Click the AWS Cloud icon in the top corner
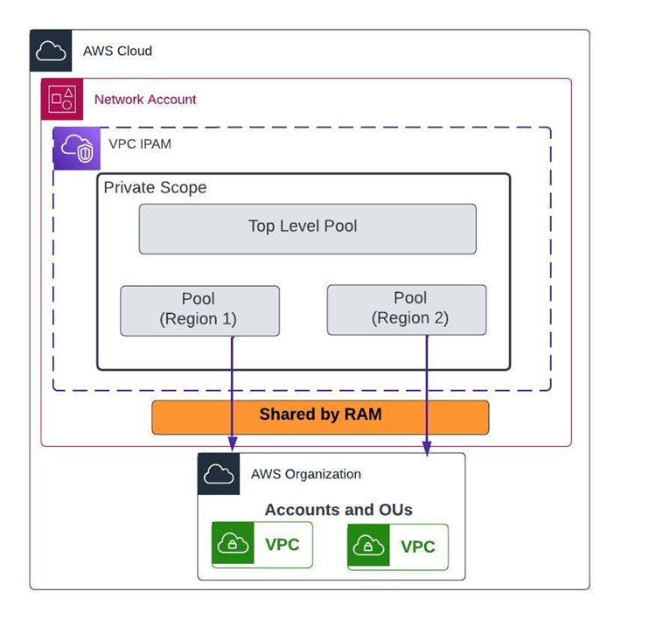tap(51, 51)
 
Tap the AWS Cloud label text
tap(117, 51)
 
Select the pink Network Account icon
tap(62, 99)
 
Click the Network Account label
tap(145, 100)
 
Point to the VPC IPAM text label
tap(140, 143)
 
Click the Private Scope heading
tap(155, 188)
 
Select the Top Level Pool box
tap(307, 228)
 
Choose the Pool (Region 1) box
tap(199, 310)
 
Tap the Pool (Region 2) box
tap(406, 310)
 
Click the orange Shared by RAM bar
tap(320, 417)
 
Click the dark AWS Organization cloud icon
tap(219, 474)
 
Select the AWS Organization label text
tap(305, 474)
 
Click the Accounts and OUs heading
tap(338, 510)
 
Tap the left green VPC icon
tap(233, 545)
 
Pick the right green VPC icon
tap(368, 547)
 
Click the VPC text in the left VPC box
tap(282, 545)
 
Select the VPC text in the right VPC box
tap(417, 547)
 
